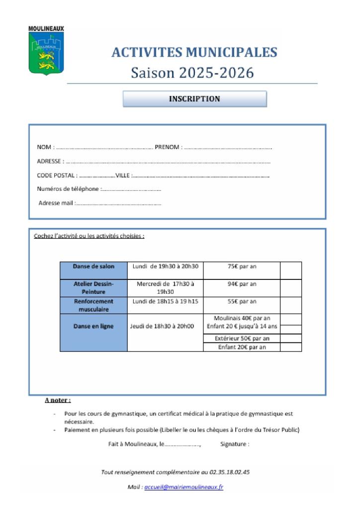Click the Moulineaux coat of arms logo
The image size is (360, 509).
coord(46,51)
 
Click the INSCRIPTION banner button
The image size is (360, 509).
coord(194,99)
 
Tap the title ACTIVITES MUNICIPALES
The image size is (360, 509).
coord(194,52)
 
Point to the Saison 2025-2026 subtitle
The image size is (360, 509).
coord(192,73)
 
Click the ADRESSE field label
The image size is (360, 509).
coord(50,161)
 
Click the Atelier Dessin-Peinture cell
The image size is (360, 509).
coord(93,288)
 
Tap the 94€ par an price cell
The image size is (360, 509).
coord(242,284)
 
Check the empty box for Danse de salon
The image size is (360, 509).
coord(291,270)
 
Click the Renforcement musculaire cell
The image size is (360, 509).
coord(93,305)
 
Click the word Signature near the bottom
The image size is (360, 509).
coord(234,444)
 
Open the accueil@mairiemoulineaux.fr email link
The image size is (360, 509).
coord(183,488)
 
